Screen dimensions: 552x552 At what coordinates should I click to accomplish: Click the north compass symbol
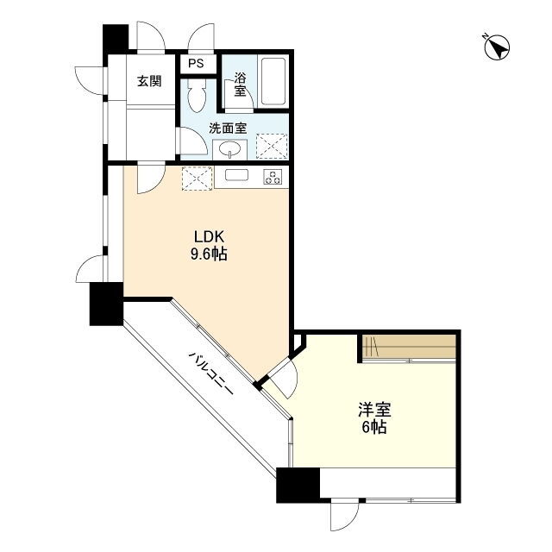pyautogui.click(x=497, y=47)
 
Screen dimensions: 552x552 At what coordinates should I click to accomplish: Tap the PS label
pyautogui.click(x=196, y=63)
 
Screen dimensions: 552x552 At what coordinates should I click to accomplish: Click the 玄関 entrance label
pyautogui.click(x=149, y=81)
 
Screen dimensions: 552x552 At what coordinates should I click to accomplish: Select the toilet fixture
pyautogui.click(x=197, y=95)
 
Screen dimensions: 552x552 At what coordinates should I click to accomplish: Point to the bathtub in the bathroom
pyautogui.click(x=273, y=81)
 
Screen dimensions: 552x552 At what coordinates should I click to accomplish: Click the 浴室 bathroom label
pyautogui.click(x=240, y=85)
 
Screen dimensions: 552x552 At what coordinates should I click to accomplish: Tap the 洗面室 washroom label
pyautogui.click(x=228, y=129)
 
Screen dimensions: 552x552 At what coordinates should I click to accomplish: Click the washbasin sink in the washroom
pyautogui.click(x=230, y=150)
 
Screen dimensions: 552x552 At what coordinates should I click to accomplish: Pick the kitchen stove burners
pyautogui.click(x=273, y=177)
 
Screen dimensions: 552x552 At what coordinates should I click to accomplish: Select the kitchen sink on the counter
pyautogui.click(x=236, y=175)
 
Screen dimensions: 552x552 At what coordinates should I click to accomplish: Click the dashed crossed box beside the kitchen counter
pyautogui.click(x=198, y=179)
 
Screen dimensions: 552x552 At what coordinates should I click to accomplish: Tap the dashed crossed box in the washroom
pyautogui.click(x=272, y=146)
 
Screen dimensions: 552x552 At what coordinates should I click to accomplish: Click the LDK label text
pyautogui.click(x=209, y=236)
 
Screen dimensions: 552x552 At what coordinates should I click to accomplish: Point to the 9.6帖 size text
pyautogui.click(x=209, y=254)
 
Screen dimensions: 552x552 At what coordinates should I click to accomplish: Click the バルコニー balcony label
pyautogui.click(x=211, y=373)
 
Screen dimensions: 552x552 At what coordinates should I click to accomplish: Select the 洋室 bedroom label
pyautogui.click(x=374, y=410)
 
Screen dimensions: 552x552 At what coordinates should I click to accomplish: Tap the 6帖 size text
pyautogui.click(x=374, y=427)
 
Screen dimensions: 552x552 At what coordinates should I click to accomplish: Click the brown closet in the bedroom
pyautogui.click(x=409, y=347)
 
